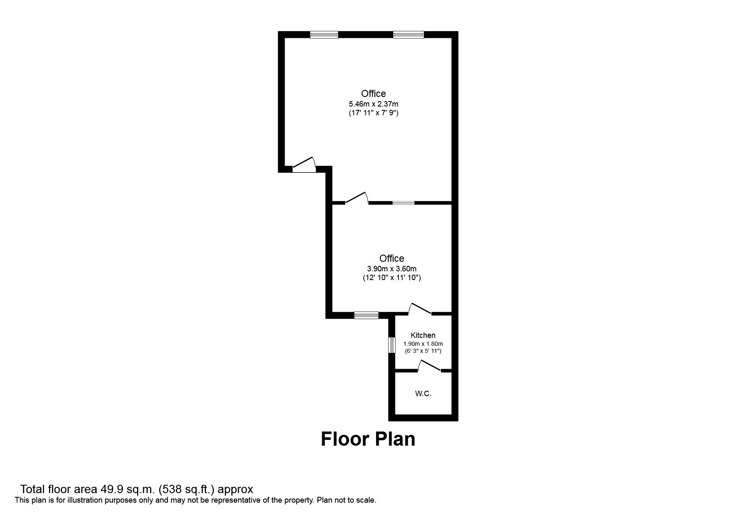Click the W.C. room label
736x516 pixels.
point(423,394)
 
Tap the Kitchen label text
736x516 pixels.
point(423,335)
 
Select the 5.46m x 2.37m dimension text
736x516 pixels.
point(373,104)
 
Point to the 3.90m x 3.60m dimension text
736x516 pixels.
point(391,269)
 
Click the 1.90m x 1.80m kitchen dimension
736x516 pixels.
point(423,344)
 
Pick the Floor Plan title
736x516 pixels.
point(368,439)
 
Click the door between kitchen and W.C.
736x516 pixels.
point(430,367)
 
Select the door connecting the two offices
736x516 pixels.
point(357,199)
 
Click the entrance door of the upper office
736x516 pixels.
point(304,165)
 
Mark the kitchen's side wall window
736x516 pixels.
point(391,345)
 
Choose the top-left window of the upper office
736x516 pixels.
point(324,35)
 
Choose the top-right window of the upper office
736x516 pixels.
point(409,35)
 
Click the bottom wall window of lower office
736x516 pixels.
point(366,315)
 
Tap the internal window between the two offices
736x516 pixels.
point(404,203)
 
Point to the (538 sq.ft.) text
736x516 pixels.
point(187,489)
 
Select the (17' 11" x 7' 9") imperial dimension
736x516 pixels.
point(373,113)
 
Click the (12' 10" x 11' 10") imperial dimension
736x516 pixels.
point(391,278)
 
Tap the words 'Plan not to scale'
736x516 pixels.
point(347,500)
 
